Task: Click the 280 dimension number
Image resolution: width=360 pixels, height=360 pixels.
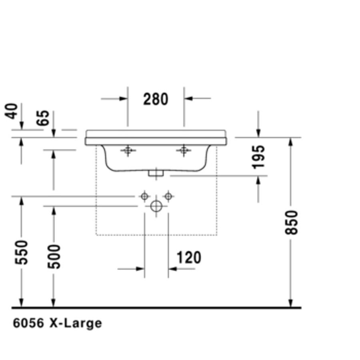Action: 156,99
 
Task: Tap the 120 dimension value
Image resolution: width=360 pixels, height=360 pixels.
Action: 189,257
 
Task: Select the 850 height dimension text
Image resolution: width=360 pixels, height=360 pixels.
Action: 291,222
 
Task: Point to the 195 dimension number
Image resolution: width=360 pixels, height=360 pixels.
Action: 258,157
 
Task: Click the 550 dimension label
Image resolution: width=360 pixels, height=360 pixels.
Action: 21,252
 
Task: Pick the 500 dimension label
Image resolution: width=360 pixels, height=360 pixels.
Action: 54,257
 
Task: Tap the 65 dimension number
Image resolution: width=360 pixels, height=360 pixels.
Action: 43,118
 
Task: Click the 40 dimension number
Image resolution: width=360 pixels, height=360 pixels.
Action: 11,111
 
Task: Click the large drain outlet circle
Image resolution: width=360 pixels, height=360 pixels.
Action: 156,206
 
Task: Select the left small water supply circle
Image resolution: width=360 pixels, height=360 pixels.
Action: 144,196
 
